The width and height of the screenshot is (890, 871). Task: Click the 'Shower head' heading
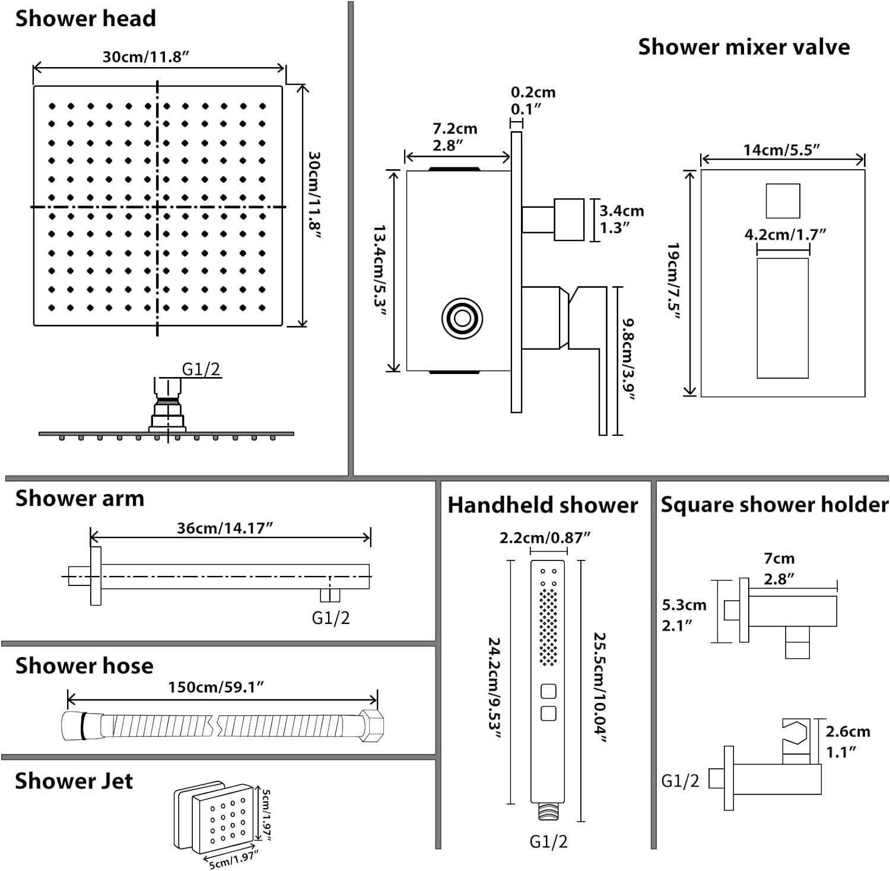click(85, 18)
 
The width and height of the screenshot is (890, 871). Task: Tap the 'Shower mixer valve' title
click(743, 47)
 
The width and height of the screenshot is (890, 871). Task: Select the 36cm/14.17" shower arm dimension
click(225, 528)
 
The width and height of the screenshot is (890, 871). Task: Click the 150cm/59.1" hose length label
click(216, 686)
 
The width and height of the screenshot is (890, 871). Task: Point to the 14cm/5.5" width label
click(781, 150)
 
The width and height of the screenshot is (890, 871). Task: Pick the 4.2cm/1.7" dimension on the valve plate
click(785, 235)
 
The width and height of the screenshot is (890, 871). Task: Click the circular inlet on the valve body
click(462, 319)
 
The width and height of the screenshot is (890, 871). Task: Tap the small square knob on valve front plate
click(783, 201)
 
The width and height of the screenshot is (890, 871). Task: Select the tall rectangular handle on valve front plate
click(783, 318)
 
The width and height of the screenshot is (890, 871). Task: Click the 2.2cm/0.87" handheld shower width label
click(545, 537)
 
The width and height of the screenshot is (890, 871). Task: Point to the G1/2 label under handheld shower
click(548, 841)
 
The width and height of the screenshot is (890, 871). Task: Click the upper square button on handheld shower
click(548, 692)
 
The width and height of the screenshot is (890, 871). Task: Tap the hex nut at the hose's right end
click(371, 726)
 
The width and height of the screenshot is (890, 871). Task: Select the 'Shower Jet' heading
click(74, 781)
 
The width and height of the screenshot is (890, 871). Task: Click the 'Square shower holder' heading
click(774, 504)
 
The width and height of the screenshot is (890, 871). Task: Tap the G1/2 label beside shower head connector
click(201, 369)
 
